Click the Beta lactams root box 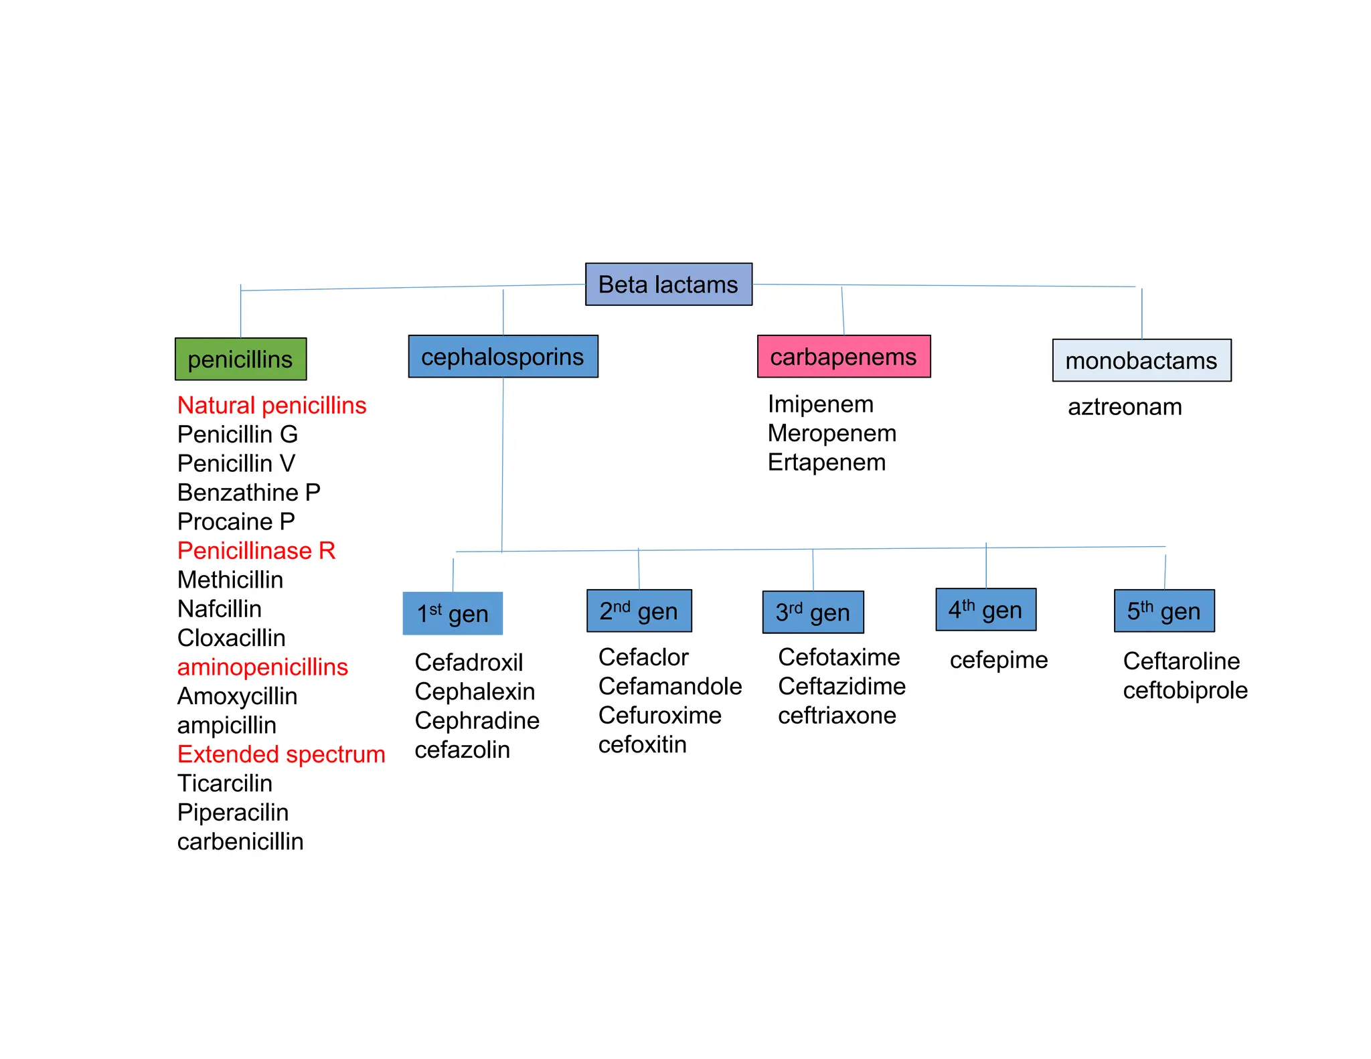668,284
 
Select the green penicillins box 240,359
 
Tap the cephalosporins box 503,357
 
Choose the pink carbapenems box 843,357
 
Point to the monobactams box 1141,361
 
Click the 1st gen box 453,613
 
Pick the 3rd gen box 813,612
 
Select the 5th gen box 1163,610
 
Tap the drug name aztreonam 1125,407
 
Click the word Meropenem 831,433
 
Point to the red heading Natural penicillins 272,406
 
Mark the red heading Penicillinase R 256,550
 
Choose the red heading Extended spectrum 281,754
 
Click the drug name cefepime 998,660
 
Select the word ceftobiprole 1185,690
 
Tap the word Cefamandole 669,686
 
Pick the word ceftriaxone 837,716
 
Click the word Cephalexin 475,691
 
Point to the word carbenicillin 240,841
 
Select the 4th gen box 985,610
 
